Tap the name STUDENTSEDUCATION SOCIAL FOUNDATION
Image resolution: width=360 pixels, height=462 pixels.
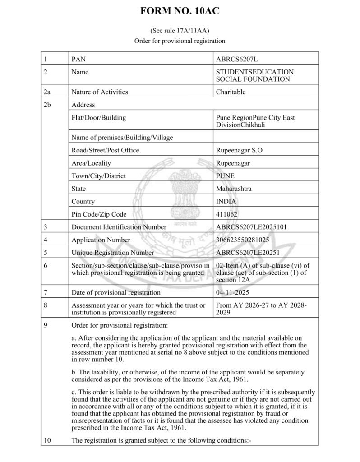click(255, 75)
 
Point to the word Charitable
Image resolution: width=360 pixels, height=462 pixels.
click(231, 92)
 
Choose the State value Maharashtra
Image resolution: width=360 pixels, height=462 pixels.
click(234, 189)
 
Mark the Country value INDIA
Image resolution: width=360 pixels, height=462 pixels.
click(227, 202)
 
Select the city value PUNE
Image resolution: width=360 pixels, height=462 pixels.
click(226, 176)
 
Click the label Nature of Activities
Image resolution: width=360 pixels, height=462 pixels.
click(100, 92)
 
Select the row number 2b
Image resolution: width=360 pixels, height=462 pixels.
click(48, 105)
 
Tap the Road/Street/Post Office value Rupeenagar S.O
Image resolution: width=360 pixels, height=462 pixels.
click(240, 150)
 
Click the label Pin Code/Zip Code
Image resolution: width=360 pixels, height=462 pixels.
click(99, 214)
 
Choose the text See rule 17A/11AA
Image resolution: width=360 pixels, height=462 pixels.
click(180, 31)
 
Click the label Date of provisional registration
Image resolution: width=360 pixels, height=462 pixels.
click(116, 292)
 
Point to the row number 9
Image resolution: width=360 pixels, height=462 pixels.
click(46, 325)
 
